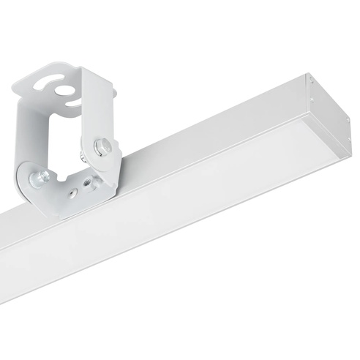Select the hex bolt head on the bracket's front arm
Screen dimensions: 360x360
104,149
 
